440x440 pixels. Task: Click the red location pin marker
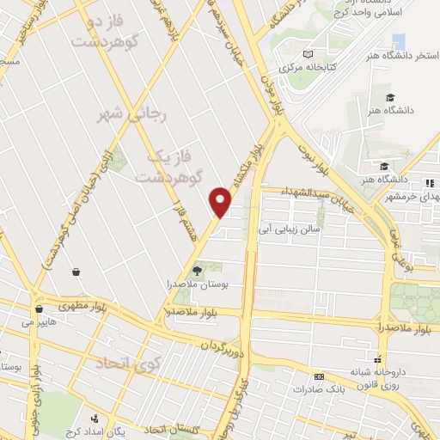coord(221,202)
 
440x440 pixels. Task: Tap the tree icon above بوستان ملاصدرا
coord(198,271)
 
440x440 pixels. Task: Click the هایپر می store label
coord(38,322)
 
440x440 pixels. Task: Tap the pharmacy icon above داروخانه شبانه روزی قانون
coord(376,357)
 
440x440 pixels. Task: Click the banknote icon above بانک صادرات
coord(319,376)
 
